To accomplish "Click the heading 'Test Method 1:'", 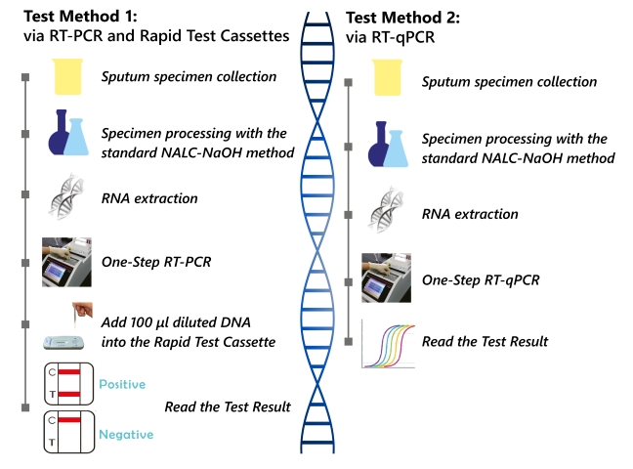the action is [80, 17].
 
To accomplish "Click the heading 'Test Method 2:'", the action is [402, 18].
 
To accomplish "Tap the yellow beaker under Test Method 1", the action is [67, 77].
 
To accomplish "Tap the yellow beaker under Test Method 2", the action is [387, 77].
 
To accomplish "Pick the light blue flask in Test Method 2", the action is [396, 149].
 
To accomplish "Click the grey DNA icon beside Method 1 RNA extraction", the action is [65, 196].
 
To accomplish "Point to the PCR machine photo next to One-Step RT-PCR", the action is [66, 262].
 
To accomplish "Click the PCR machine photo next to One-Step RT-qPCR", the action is [386, 277].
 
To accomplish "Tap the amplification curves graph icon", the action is [389, 344].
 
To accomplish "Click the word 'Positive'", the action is [122, 384].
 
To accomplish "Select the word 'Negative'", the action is [126, 435].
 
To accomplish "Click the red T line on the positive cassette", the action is [69, 394].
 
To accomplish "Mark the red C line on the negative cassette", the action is [69, 420].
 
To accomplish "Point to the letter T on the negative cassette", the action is [52, 443].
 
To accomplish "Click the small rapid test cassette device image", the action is [63, 343].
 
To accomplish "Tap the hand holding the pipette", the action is [82, 311].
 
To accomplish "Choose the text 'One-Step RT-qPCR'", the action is [481, 280].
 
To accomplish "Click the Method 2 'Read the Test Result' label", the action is [485, 342].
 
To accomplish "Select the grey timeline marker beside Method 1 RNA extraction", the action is [25, 194].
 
